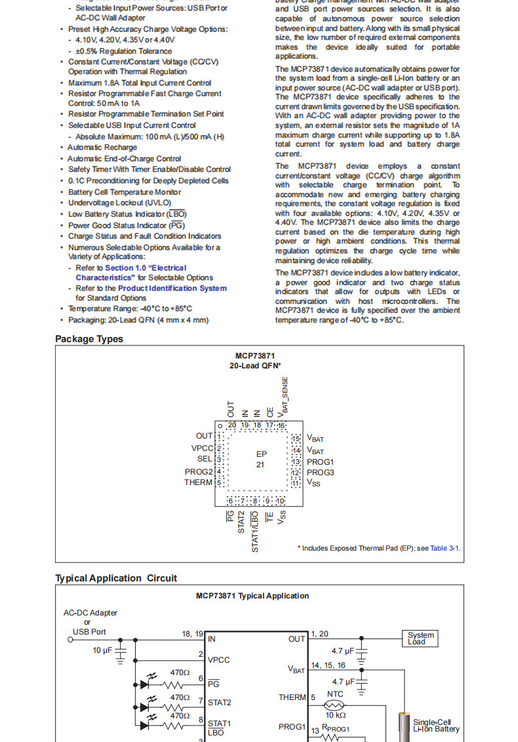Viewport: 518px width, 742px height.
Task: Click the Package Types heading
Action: (89, 339)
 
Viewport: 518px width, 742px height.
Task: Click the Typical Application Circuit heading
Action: (116, 578)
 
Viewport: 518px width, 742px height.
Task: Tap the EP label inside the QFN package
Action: (261, 454)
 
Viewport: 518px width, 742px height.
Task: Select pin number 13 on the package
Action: (296, 461)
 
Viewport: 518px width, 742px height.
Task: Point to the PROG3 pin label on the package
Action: (321, 472)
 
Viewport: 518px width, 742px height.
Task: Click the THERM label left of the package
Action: (198, 482)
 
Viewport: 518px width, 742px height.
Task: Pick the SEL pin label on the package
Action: (205, 459)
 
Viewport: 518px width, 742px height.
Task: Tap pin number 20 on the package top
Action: (231, 425)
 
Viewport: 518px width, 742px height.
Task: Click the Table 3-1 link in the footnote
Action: (446, 548)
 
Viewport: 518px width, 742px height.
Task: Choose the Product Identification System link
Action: (172, 288)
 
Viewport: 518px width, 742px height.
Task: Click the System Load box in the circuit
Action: (420, 638)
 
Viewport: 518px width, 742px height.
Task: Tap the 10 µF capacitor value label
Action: (104, 650)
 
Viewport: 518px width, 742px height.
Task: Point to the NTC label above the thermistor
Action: (335, 693)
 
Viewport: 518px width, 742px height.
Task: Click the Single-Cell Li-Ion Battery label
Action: (436, 725)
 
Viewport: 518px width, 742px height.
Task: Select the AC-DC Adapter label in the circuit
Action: (90, 613)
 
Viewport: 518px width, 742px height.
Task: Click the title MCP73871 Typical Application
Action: (252, 596)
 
